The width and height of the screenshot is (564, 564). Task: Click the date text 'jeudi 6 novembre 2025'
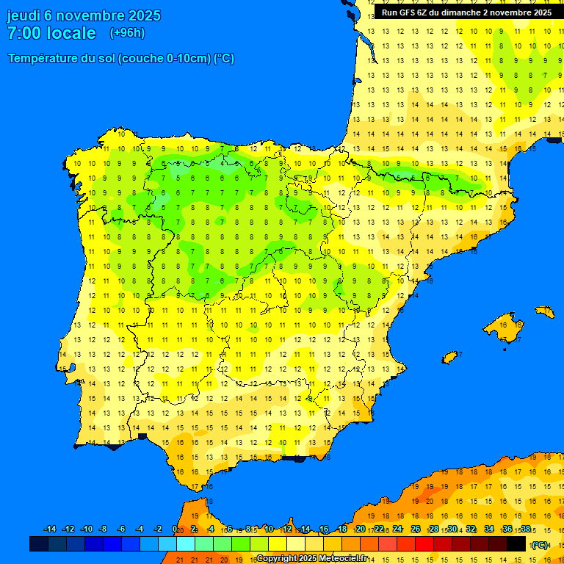(84, 15)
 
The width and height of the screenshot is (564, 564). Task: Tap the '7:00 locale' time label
(51, 33)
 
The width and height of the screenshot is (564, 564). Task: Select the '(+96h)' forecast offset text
(127, 33)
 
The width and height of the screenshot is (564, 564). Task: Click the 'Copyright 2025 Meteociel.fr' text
(311, 558)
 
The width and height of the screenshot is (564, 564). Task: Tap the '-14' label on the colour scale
(50, 529)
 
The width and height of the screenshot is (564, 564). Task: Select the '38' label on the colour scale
(525, 529)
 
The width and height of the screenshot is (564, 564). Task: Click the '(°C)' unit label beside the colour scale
(540, 544)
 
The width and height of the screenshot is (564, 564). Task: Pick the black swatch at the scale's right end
(516, 544)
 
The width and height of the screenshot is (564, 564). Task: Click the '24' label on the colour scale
(397, 529)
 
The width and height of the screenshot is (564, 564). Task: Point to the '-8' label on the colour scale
(104, 529)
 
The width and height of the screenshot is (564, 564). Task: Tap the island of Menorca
(544, 312)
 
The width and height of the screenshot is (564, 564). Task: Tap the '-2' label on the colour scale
(157, 529)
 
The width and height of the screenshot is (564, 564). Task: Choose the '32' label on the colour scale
(471, 529)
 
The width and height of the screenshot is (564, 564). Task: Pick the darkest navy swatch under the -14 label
(39, 544)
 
